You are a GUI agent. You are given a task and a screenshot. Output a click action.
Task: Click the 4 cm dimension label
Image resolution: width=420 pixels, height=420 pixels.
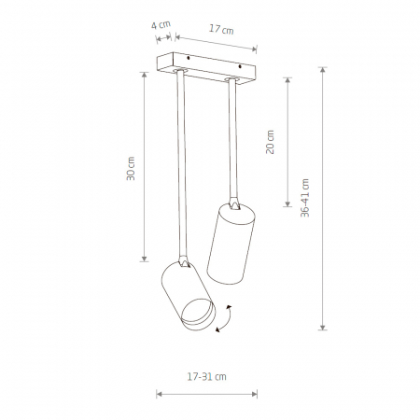(161, 25)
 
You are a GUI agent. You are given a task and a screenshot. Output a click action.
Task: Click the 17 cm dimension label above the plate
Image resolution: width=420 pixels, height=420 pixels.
(221, 29)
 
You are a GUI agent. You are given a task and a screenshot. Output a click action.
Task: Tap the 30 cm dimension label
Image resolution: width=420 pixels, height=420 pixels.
(131, 169)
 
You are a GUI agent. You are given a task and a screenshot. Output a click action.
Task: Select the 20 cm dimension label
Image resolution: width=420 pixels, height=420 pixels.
(270, 142)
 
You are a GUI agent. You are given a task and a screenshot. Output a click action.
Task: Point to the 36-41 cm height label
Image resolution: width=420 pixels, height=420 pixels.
(305, 198)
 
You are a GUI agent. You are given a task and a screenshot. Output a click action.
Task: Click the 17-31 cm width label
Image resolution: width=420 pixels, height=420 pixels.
(206, 377)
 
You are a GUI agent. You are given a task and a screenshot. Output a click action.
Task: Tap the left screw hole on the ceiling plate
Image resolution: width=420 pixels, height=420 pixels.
(189, 58)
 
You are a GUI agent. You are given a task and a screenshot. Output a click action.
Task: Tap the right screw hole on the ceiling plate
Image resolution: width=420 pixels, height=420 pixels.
(240, 66)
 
